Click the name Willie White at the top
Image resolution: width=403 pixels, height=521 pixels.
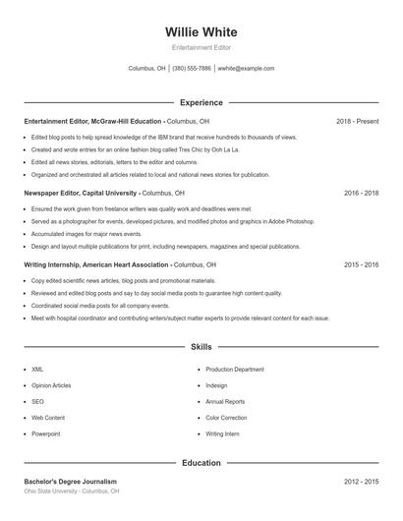[201, 32]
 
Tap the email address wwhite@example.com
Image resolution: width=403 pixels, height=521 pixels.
[246, 69]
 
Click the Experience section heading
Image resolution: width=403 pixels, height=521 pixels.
[201, 102]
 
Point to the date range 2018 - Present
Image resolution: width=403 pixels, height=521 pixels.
[357, 121]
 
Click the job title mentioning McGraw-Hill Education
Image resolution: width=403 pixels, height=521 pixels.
[93, 121]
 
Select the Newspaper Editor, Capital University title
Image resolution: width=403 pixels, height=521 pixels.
[81, 193]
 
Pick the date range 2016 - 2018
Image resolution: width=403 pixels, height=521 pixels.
[362, 193]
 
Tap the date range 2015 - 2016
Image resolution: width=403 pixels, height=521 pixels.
[362, 264]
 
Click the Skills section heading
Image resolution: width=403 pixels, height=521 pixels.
[201, 347]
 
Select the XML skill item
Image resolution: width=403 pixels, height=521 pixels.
[37, 370]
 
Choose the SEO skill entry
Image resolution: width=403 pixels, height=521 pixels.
[37, 401]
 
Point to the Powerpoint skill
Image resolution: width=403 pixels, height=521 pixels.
[45, 434]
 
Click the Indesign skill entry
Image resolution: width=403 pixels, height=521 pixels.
[216, 385]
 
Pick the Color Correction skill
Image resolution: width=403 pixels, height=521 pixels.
[226, 418]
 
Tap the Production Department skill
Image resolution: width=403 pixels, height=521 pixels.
[234, 370]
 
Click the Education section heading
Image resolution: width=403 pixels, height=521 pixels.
[201, 462]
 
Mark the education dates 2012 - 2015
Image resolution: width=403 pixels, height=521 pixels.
[362, 482]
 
